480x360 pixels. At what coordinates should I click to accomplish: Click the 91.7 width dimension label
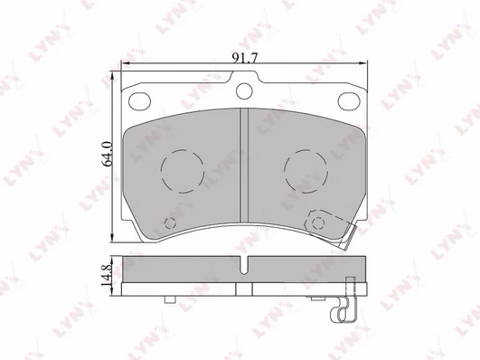point(245,58)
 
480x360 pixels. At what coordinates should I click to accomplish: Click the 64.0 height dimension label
point(108,154)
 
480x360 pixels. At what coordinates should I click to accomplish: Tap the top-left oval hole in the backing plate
point(139,101)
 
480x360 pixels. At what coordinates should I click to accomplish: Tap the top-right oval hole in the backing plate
point(349,100)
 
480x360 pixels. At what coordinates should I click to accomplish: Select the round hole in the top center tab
point(244,91)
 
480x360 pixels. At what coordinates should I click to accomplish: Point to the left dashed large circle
point(183,150)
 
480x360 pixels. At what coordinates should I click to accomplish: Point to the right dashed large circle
point(306,150)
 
